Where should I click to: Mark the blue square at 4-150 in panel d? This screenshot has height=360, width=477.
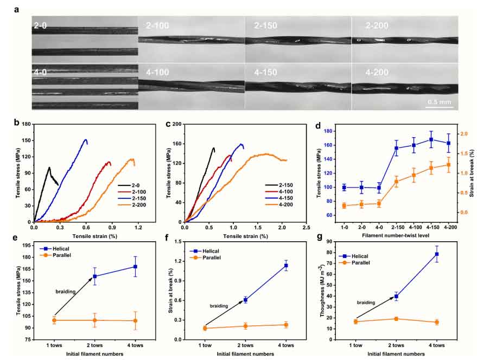[x=431, y=139]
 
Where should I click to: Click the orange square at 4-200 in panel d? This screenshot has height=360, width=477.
[x=448, y=165]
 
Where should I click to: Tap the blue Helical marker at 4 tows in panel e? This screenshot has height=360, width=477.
[x=135, y=266]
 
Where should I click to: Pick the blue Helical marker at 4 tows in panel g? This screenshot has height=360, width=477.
[x=436, y=254]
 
